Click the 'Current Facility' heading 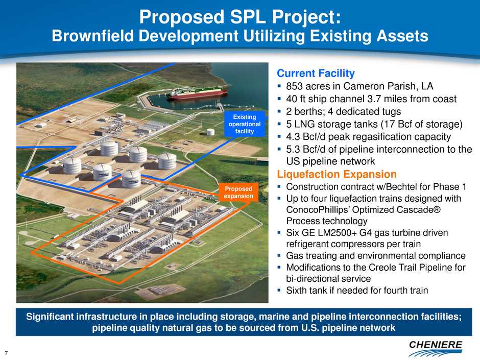coord(316,73)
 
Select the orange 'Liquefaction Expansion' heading coord(337,174)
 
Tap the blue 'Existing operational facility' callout coord(244,124)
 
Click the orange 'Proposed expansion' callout coord(238,192)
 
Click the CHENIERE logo coord(435,348)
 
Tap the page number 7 coord(6,353)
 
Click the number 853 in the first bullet coord(295,86)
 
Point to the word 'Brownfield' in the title coord(93,36)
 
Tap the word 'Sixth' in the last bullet coord(297,290)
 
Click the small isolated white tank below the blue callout coord(210,132)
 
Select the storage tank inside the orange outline coord(131,179)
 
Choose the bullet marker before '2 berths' coord(279,111)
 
